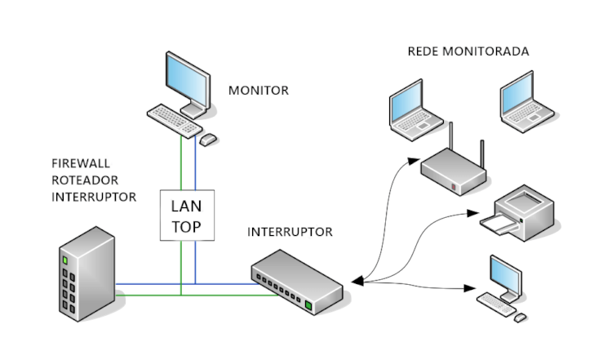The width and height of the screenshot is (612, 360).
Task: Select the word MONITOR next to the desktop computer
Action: pyautogui.click(x=258, y=91)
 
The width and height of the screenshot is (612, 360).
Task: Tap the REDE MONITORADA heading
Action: pyautogui.click(x=468, y=51)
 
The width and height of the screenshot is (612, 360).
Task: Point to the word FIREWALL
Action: pyautogui.click(x=79, y=164)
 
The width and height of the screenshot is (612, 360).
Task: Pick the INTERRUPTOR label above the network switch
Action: pyautogui.click(x=290, y=232)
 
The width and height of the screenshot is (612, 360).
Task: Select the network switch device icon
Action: pyautogui.click(x=298, y=282)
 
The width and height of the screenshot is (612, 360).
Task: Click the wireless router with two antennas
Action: pyautogui.click(x=454, y=168)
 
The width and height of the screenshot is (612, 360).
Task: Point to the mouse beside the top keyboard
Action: pyautogui.click(x=209, y=140)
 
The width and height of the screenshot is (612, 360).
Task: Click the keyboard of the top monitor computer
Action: pyautogui.click(x=175, y=119)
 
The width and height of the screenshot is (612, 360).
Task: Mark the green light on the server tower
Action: pyautogui.click(x=64, y=260)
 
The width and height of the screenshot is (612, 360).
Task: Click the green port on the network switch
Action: pyautogui.click(x=309, y=307)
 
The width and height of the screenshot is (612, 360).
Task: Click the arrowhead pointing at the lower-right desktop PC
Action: pyautogui.click(x=471, y=289)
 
